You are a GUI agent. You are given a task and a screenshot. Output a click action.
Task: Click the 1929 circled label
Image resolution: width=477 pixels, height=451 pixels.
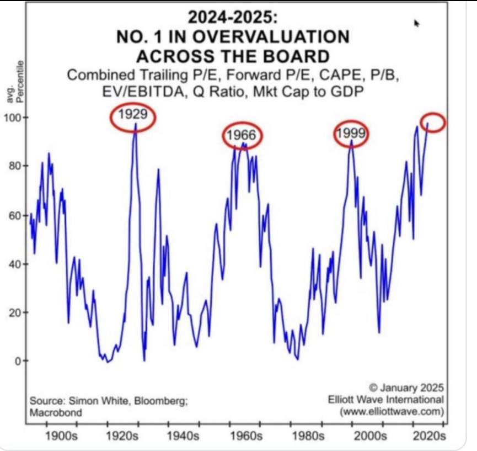point(133,116)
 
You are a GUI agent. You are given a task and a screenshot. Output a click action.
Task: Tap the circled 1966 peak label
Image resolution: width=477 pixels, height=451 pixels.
point(243,135)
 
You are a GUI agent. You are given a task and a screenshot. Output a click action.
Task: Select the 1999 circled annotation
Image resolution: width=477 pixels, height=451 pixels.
point(351,134)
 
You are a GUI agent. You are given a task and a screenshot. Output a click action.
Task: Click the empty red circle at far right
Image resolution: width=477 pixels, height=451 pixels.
point(433,122)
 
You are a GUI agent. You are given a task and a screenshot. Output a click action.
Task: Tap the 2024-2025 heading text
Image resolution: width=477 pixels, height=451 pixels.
point(232,17)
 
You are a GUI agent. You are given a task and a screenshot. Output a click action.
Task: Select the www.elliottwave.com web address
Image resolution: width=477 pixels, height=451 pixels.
point(392,411)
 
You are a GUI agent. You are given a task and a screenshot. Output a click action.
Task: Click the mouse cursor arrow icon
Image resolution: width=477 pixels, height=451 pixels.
point(417,23)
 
